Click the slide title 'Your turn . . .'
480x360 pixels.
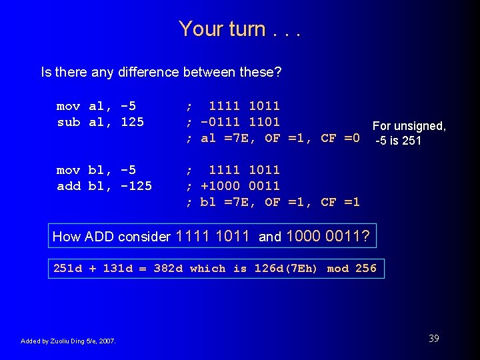pyautogui.click(x=239, y=29)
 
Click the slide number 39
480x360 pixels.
pyautogui.click(x=433, y=339)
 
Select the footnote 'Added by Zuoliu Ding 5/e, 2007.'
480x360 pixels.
pyautogui.click(x=68, y=341)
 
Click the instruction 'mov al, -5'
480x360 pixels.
pyautogui.click(x=96, y=106)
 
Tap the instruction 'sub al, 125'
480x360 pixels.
pyautogui.click(x=100, y=122)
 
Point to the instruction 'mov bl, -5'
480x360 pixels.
pyautogui.click(x=96, y=170)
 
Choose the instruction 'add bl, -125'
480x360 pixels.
pyautogui.click(x=104, y=186)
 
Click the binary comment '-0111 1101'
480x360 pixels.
pyautogui.click(x=240, y=122)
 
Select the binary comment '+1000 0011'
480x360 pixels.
pyautogui.click(x=240, y=186)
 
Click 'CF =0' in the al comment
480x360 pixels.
pyautogui.click(x=340, y=139)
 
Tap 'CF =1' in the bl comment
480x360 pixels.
pyautogui.click(x=340, y=202)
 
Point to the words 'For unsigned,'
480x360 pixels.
pyautogui.click(x=409, y=126)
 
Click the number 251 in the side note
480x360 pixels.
pyautogui.click(x=411, y=141)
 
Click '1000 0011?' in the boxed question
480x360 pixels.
pyautogui.click(x=329, y=236)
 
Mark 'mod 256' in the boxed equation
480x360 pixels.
pyautogui.click(x=351, y=269)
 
